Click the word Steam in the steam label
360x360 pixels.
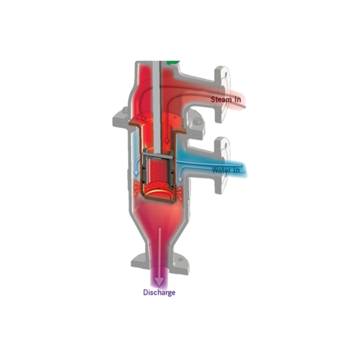tap(221, 100)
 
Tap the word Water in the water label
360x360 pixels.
tap(221, 170)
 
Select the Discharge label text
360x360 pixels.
tap(159, 293)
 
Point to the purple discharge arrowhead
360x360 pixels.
tap(159, 282)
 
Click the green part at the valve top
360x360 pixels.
tap(173, 62)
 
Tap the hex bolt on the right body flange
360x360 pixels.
tap(197, 121)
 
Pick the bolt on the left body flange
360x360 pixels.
tap(125, 110)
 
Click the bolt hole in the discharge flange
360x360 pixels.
tap(180, 260)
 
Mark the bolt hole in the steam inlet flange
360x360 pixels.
tap(227, 75)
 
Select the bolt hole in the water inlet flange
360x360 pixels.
tap(226, 146)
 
